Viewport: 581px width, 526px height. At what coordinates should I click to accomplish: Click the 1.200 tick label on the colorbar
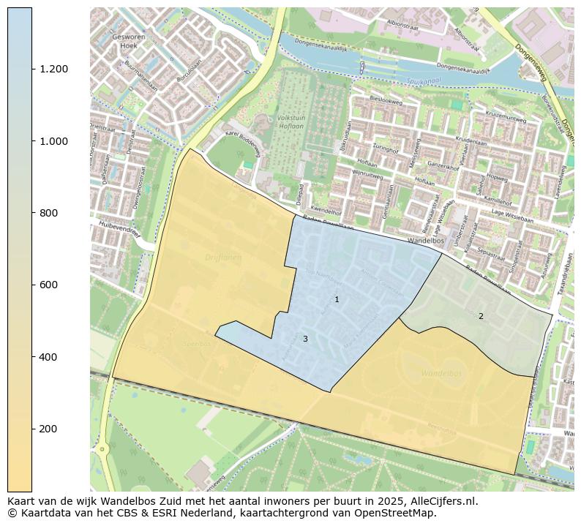click(53, 69)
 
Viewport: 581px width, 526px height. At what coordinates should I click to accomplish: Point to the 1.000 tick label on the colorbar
click(53, 141)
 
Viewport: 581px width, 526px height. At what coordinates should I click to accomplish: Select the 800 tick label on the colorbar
click(48, 213)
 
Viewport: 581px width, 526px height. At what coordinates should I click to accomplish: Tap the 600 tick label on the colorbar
click(48, 285)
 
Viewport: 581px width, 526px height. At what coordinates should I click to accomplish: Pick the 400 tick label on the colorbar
click(48, 357)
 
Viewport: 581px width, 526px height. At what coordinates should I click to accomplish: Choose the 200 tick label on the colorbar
click(48, 429)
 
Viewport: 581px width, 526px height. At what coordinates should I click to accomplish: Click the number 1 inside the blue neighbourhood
click(337, 299)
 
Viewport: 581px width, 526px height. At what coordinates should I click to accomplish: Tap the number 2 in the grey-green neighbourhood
click(481, 316)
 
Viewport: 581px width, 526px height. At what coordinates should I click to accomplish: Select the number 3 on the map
click(305, 339)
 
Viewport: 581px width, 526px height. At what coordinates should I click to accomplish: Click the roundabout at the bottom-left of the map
click(102, 448)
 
